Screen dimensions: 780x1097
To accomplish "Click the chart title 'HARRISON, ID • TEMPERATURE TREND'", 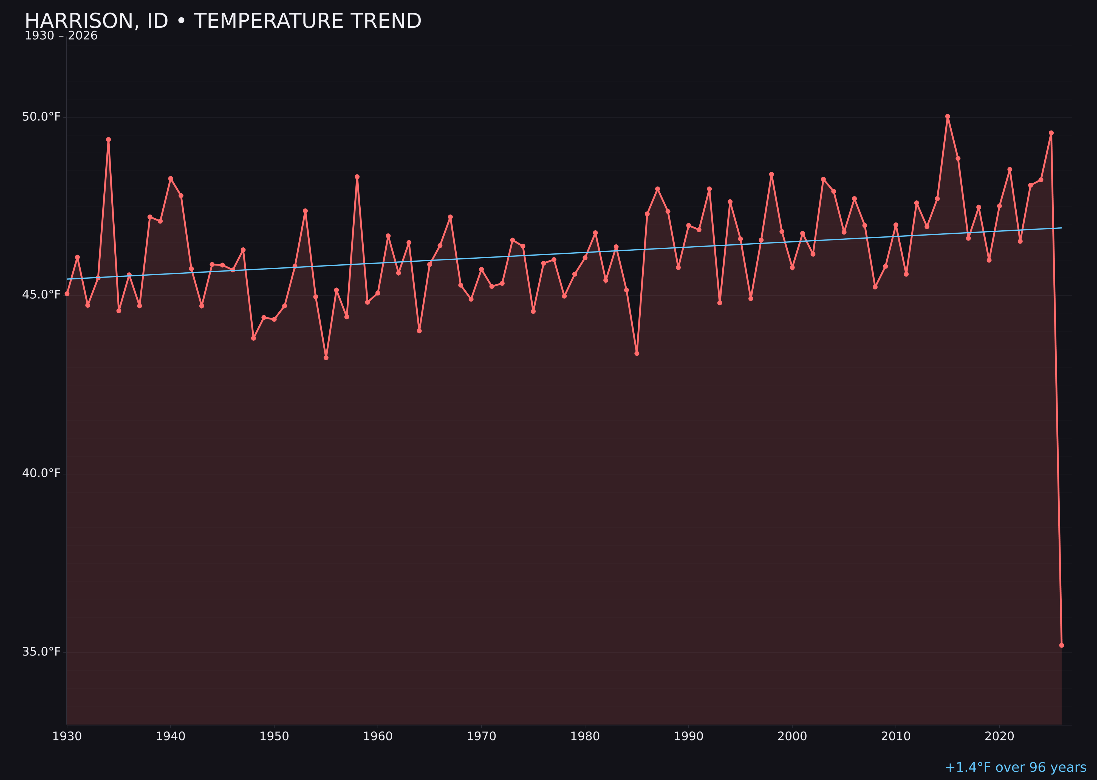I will point(223,21).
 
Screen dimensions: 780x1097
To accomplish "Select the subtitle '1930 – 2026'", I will point(61,36).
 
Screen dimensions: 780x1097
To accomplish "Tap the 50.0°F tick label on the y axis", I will point(41,117).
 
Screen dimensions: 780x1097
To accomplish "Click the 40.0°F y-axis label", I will point(41,473).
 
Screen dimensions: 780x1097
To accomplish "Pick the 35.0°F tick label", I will point(41,652).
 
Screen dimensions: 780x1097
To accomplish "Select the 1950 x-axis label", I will point(274,736).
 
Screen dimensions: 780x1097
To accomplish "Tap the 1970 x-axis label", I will point(481,736).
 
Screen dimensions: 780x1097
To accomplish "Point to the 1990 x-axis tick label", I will point(688,736).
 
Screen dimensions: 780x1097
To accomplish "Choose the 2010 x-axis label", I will point(896,736).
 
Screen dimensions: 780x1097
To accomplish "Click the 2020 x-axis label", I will point(999,736).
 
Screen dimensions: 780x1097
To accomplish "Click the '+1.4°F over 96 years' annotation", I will point(1015,767).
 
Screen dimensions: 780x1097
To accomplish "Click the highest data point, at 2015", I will point(948,116).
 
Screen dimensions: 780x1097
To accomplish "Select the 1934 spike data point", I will point(109,140).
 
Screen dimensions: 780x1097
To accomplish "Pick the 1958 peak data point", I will point(357,177).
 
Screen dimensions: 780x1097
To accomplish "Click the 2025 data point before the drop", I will point(1051,133).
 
